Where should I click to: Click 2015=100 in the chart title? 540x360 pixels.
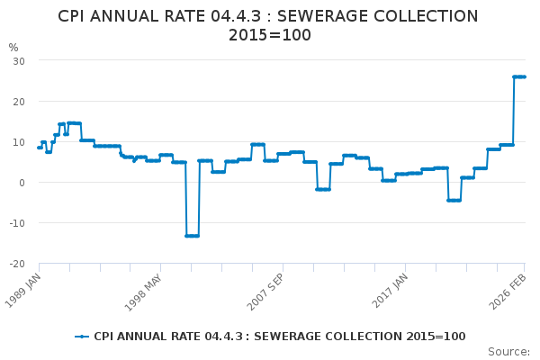click(270, 36)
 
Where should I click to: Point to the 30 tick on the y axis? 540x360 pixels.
click(18, 60)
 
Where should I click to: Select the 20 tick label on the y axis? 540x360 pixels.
click(18, 101)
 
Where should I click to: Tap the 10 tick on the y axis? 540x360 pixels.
click(18, 141)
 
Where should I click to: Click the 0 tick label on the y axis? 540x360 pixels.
click(21, 183)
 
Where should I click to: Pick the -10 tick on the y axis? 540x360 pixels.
click(16, 223)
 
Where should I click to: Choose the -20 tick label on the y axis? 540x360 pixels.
click(16, 264)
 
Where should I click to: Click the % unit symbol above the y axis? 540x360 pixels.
click(13, 48)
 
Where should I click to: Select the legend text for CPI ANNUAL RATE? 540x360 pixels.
click(279, 337)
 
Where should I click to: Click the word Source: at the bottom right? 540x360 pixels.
click(508, 352)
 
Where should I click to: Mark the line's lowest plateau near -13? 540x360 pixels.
click(192, 236)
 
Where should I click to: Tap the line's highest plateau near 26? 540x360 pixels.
click(519, 76)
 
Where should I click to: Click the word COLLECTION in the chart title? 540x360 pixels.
click(415, 16)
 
